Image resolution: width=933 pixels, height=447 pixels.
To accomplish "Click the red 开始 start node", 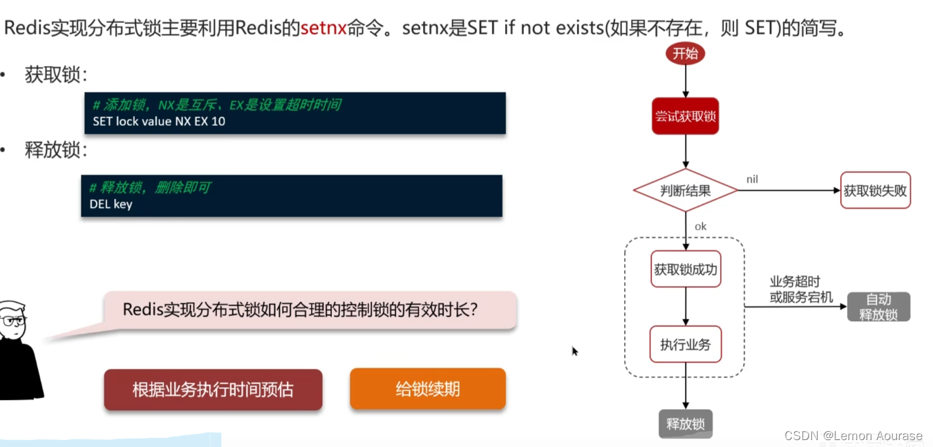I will [x=685, y=53].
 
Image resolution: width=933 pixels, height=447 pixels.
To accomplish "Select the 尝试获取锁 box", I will [x=685, y=117].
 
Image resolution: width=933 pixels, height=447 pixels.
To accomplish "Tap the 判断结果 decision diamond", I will [x=685, y=190].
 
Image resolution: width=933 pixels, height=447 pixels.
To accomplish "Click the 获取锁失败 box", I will [x=875, y=190].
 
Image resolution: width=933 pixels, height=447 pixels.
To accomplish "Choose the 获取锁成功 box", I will [x=686, y=269].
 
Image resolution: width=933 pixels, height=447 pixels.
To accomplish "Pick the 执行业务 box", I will [x=685, y=344].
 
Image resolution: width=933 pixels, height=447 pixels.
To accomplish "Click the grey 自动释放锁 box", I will [x=878, y=307].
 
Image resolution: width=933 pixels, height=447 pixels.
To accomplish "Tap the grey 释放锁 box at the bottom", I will [x=685, y=424].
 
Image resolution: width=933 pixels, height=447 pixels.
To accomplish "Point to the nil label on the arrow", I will [x=752, y=180].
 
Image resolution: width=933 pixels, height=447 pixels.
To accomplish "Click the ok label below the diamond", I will [x=700, y=227].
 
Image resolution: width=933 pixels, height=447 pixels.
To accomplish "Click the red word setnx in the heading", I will [x=323, y=29].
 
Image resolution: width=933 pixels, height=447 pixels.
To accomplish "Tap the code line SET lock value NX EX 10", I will [x=159, y=122].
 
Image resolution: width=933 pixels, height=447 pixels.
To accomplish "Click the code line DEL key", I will [x=111, y=204].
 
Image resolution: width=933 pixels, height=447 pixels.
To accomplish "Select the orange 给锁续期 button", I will [x=428, y=389].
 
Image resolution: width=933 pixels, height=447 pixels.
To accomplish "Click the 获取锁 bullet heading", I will [x=56, y=75].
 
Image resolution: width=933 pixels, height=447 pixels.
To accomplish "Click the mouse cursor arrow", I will [x=574, y=351].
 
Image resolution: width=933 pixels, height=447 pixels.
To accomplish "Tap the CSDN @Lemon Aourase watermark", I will [x=853, y=435].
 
